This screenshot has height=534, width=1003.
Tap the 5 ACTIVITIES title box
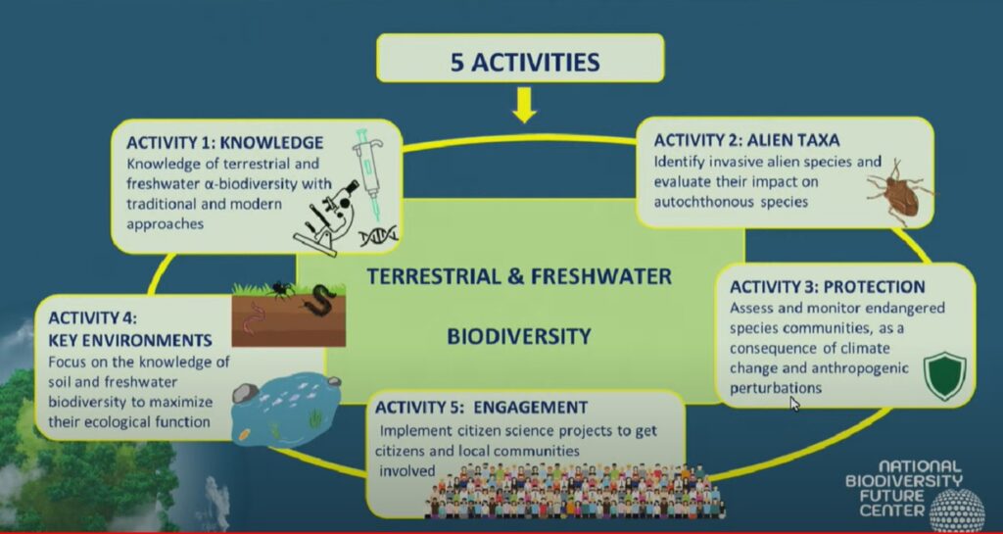tap(520, 58)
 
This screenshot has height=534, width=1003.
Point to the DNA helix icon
tap(378, 236)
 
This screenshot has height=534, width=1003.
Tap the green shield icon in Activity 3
tap(945, 376)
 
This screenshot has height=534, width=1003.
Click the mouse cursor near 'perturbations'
tap(795, 405)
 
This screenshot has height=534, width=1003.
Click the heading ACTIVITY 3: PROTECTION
tap(827, 286)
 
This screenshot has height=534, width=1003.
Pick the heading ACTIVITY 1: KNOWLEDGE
tap(224, 142)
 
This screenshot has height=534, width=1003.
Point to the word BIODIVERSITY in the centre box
tap(518, 336)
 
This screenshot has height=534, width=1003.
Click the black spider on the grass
tap(281, 290)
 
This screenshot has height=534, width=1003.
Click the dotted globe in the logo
tap(956, 510)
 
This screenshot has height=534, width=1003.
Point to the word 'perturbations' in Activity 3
tap(776, 388)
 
